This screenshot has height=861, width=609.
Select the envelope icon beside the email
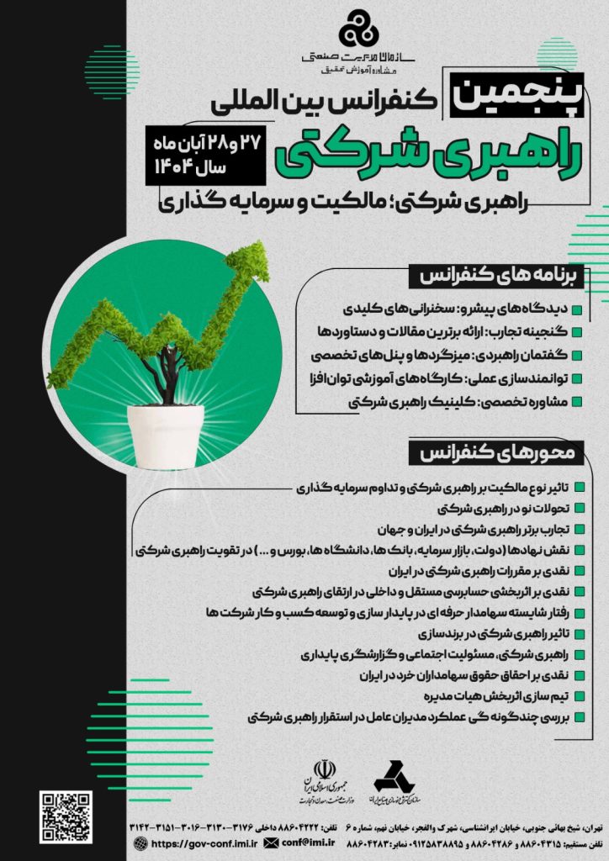[x=271, y=842]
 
